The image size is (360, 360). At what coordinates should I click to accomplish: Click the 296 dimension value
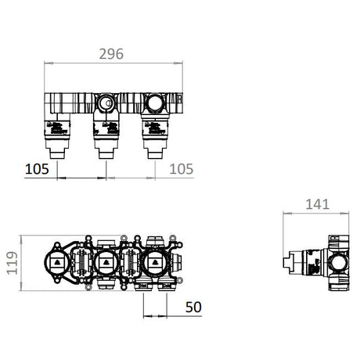(x=111, y=54)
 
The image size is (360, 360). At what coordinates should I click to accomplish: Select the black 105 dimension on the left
(x=37, y=169)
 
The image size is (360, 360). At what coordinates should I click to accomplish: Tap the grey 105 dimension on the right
(x=182, y=169)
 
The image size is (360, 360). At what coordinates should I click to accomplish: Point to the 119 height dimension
(x=13, y=263)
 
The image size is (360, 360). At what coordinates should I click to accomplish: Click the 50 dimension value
(x=193, y=307)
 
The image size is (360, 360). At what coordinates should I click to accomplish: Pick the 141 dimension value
(x=317, y=204)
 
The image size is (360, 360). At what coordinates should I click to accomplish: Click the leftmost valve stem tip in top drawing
(x=57, y=155)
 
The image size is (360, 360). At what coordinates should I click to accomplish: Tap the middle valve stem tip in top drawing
(x=106, y=155)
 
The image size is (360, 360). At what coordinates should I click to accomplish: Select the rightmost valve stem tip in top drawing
(x=155, y=155)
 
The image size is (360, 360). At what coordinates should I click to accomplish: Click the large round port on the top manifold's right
(x=154, y=103)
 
